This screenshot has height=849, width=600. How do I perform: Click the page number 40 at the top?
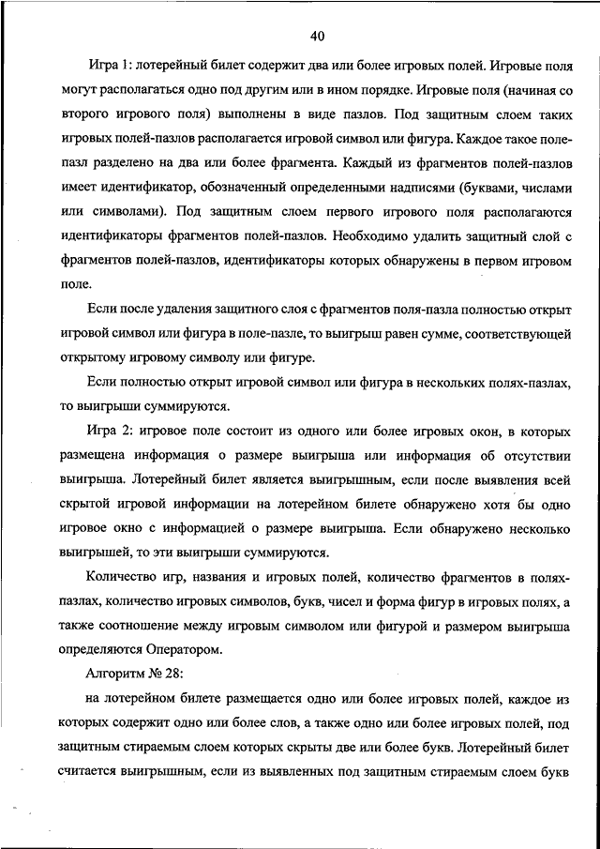click(x=316, y=36)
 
